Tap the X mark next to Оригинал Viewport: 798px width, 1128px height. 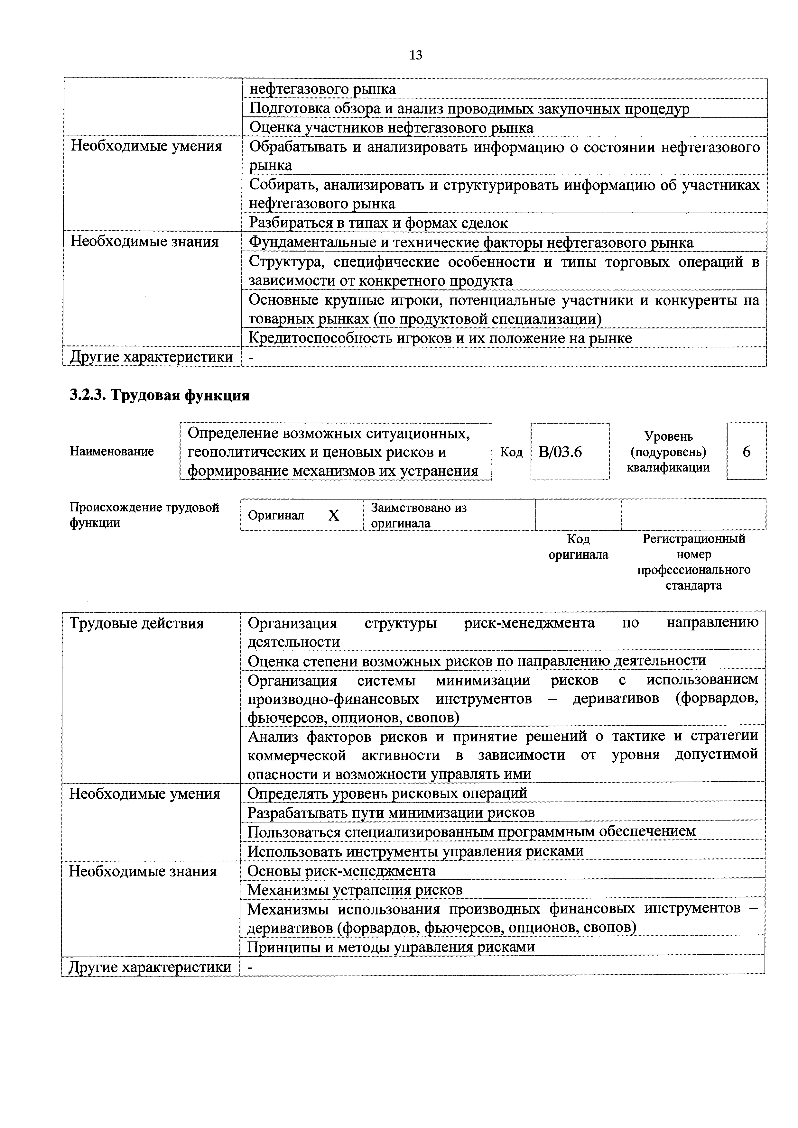[334, 515]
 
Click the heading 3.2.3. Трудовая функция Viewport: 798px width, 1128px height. [160, 396]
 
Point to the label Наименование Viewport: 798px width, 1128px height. [112, 452]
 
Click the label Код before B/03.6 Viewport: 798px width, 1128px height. [511, 452]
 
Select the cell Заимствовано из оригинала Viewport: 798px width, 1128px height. [419, 515]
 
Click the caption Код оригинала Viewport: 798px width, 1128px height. [578, 547]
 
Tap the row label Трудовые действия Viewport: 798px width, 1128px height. [137, 623]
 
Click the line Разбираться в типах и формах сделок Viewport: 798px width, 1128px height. [378, 223]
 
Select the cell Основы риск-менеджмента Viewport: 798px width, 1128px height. [341, 871]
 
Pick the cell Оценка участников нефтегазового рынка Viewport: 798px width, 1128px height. [391, 128]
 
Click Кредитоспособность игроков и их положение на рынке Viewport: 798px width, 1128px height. [440, 338]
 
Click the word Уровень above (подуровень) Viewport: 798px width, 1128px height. [668, 436]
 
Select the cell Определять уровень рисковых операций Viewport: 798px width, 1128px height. [387, 793]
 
